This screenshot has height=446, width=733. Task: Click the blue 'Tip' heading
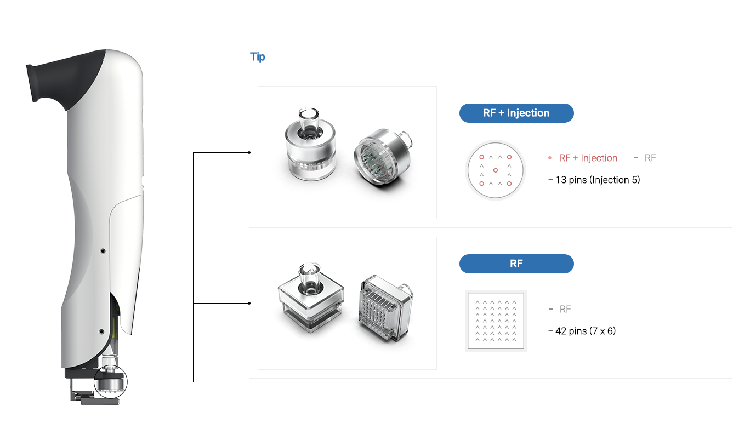pos(258,57)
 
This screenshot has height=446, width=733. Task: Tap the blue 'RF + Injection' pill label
pos(516,113)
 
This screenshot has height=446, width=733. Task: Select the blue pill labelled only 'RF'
pos(516,264)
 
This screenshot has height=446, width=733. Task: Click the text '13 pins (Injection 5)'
pos(598,180)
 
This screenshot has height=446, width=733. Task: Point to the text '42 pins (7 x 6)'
pos(586,331)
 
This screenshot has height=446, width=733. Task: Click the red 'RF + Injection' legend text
pos(588,158)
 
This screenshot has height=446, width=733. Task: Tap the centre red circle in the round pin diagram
pos(496,170)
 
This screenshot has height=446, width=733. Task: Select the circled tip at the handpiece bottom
pos(110,381)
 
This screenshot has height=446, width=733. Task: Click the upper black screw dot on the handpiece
pos(103,251)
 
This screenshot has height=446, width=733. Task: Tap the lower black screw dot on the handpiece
pos(101,331)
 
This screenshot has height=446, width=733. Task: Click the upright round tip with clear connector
pos(310,145)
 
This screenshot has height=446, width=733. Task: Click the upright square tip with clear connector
pos(311,298)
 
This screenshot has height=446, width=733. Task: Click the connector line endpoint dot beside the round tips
pos(249,153)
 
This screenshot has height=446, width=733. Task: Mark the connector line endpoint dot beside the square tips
pos(249,304)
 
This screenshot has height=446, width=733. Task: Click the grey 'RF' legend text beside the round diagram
pos(650,158)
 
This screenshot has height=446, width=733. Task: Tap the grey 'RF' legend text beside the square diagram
pos(565,310)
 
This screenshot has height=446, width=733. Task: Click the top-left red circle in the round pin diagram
pos(482,157)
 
